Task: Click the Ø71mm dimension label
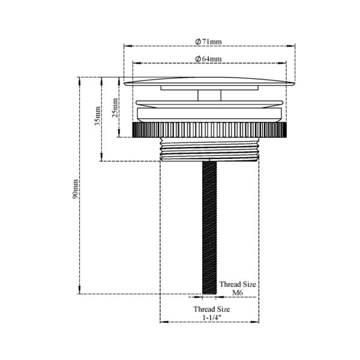click(x=209, y=41)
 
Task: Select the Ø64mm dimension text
click(x=209, y=58)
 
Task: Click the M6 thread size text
click(x=237, y=293)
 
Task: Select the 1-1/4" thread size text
click(x=211, y=317)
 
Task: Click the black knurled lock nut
click(x=209, y=130)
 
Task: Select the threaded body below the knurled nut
click(x=209, y=149)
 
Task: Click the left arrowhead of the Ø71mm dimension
click(x=127, y=46)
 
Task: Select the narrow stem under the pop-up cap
click(x=209, y=95)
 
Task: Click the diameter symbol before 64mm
click(x=198, y=58)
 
